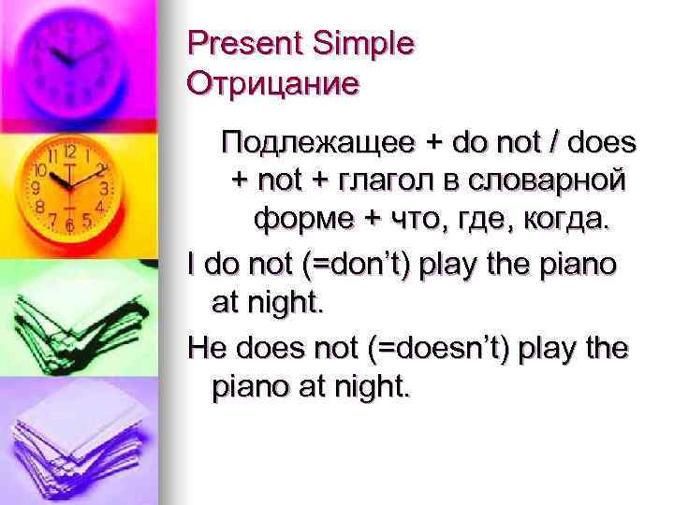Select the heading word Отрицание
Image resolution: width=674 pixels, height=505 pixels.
tap(273, 85)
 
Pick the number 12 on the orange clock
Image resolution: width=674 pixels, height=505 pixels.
tap(71, 150)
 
